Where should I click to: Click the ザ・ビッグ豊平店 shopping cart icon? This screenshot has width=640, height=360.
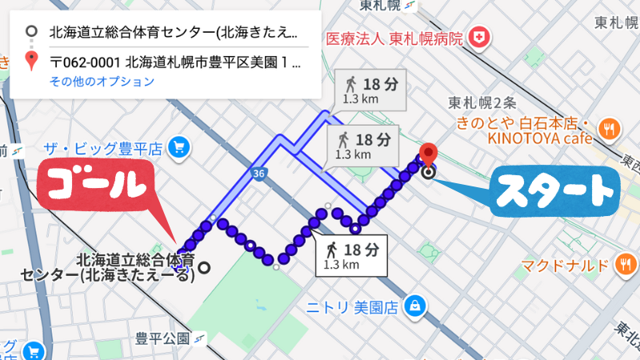click(178, 147)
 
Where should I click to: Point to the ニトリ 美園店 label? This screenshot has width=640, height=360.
click(353, 306)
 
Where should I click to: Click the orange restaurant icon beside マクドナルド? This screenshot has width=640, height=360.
click(626, 265)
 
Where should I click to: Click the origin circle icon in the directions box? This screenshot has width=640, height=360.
click(30, 33)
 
